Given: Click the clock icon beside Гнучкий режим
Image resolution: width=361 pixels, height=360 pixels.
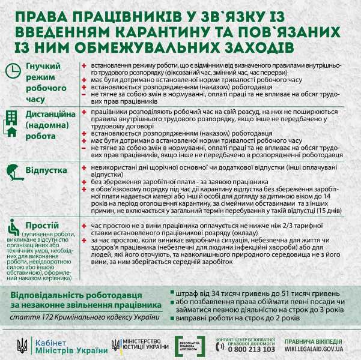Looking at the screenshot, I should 13,71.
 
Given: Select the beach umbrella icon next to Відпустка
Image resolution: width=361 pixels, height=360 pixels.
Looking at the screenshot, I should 13,172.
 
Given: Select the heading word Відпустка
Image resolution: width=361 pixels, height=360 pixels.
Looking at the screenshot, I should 46,170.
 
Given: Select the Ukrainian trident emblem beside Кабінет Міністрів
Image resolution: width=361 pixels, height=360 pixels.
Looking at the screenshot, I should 22,346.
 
